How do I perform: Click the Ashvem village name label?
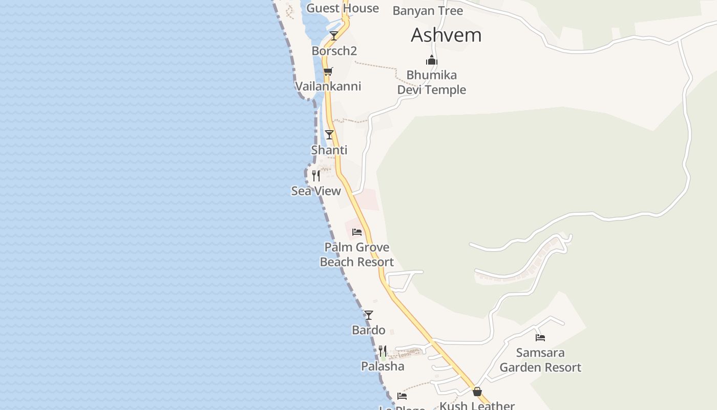[x=446, y=35]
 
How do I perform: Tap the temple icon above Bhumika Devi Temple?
[x=432, y=60]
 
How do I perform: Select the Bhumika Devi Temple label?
[x=432, y=83]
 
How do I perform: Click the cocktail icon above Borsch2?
[x=334, y=36]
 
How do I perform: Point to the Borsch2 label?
[x=334, y=51]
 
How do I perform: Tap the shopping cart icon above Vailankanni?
[x=328, y=71]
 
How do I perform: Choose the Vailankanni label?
[x=328, y=86]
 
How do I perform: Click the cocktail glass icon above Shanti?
[x=329, y=135]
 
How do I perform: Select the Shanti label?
[x=329, y=150]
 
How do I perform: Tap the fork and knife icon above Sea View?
[x=316, y=176]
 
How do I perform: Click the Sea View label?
[x=316, y=191]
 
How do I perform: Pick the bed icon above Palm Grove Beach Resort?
[x=357, y=232]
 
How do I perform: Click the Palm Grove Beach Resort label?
[x=357, y=255]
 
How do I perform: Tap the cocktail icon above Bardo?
[x=369, y=315]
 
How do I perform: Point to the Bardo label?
[x=369, y=330]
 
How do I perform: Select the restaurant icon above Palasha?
[x=383, y=351]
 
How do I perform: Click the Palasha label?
[x=383, y=366]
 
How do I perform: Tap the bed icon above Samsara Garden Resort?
[x=540, y=338]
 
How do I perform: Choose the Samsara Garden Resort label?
[x=540, y=360]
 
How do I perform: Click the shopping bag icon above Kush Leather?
[x=477, y=392]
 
